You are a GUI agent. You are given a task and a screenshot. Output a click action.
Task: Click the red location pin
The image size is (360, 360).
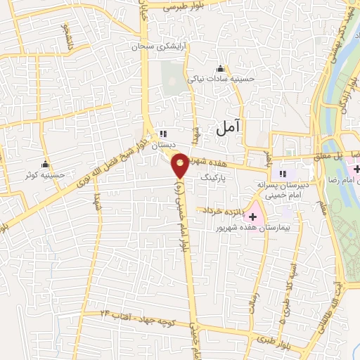tap(181, 165)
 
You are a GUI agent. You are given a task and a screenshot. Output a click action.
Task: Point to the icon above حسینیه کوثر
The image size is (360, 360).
tap(45, 164)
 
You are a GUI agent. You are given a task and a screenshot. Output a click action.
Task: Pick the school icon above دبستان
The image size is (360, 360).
tap(164, 134)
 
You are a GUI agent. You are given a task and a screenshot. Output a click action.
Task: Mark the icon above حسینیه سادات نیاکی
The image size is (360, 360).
tap(221, 69)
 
